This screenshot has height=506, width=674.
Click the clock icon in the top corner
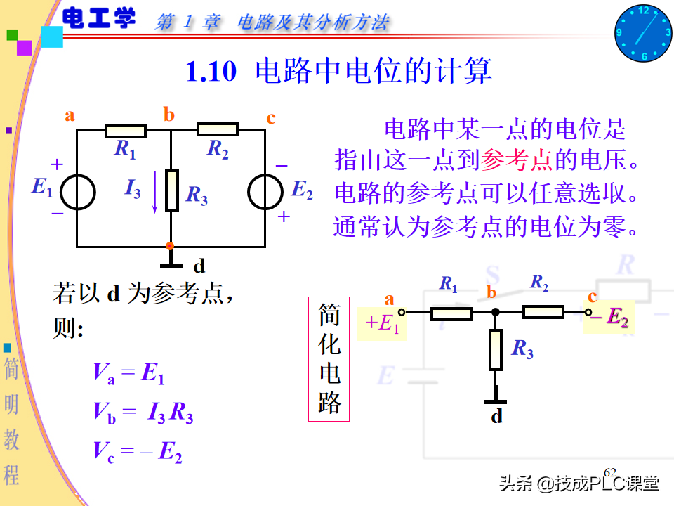(x=643, y=33)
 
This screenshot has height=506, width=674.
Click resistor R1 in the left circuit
(x=126, y=131)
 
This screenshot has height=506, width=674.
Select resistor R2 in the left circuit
(x=218, y=129)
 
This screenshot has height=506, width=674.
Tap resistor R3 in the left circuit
(x=172, y=190)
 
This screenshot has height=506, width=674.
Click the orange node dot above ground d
(x=169, y=245)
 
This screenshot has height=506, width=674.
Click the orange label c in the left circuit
(x=271, y=117)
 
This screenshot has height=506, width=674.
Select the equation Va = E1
(x=128, y=372)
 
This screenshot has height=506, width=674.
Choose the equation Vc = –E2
(x=138, y=451)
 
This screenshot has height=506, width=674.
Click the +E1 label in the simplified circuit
(x=382, y=323)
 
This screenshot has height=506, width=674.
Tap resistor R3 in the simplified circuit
(x=496, y=350)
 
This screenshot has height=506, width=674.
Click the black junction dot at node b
(x=495, y=311)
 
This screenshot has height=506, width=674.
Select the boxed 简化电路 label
(x=329, y=358)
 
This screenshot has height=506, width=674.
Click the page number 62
(x=610, y=472)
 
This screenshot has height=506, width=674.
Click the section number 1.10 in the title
(x=211, y=72)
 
